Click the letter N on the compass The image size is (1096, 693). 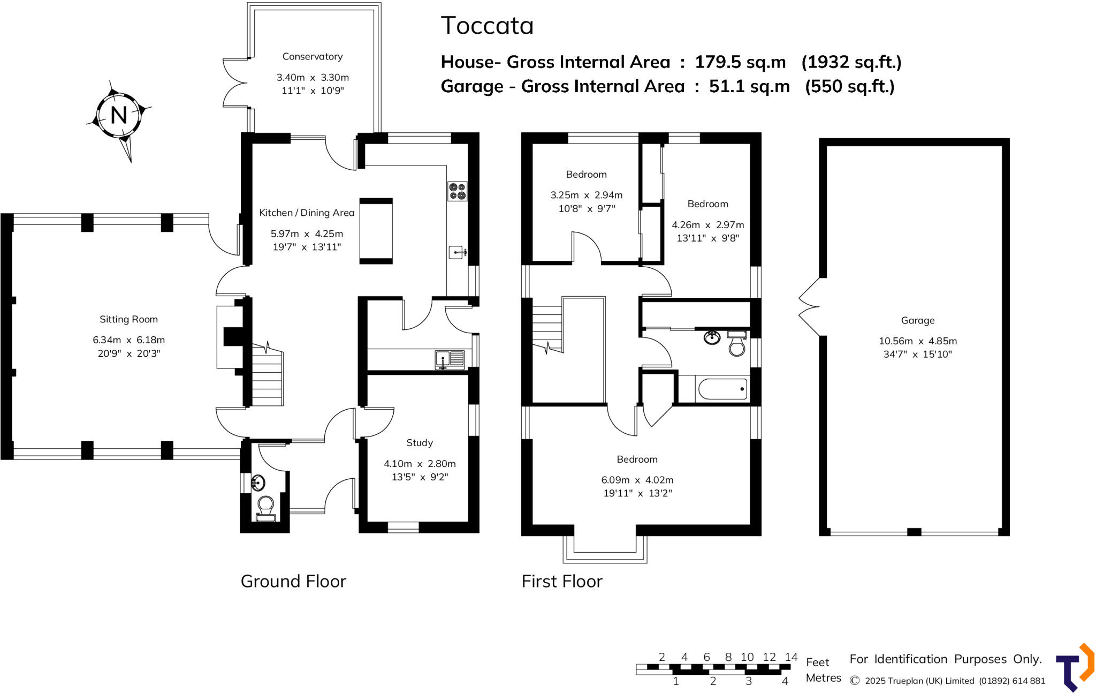(x=119, y=115)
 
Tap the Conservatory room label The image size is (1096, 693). (x=313, y=56)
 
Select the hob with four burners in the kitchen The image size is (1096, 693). (x=458, y=191)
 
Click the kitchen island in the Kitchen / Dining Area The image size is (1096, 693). (x=376, y=231)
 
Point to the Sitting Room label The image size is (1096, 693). (x=128, y=319)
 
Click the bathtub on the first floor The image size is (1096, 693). (x=722, y=389)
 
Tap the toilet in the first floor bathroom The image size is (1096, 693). (x=737, y=343)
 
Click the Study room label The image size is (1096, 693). (x=420, y=443)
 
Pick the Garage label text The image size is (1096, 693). (x=918, y=320)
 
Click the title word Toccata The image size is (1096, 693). (x=487, y=26)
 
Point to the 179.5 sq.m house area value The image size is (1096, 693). (x=740, y=62)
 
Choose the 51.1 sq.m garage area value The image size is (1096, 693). (x=749, y=86)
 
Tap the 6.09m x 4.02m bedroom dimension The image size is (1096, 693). (x=637, y=480)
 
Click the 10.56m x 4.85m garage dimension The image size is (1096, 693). (x=918, y=341)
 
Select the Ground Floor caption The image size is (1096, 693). (x=293, y=581)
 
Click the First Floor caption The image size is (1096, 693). (x=562, y=581)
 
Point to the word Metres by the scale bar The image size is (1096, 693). (x=823, y=678)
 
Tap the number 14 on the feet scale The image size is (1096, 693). (x=791, y=657)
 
